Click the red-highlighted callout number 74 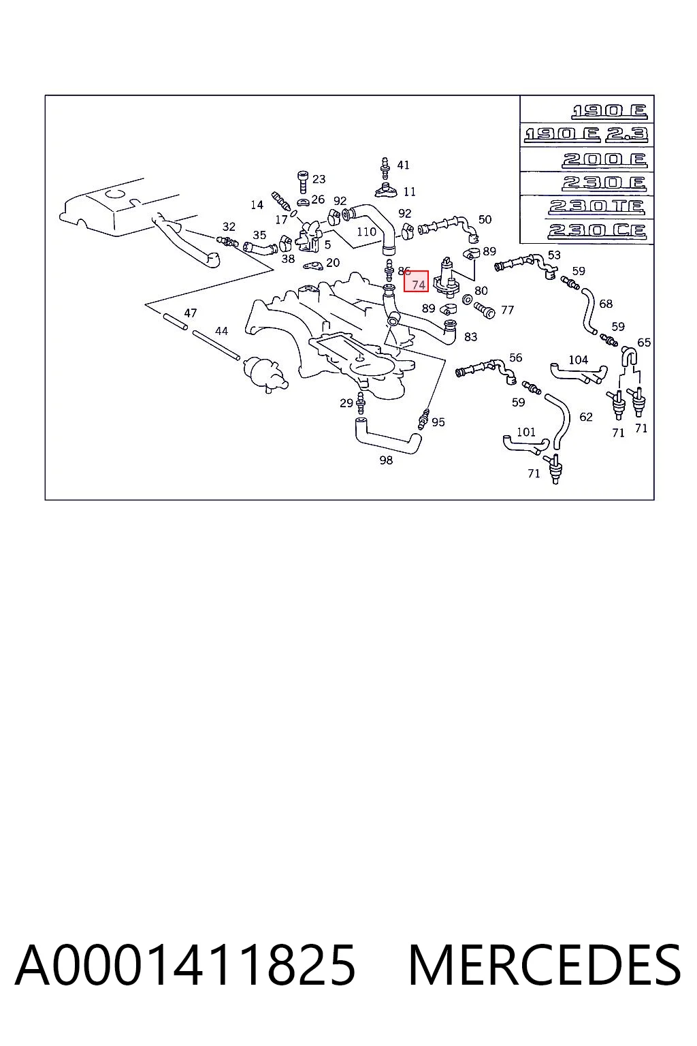pyautogui.click(x=419, y=285)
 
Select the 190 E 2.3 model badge pyautogui.click(x=586, y=134)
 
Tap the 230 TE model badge pyautogui.click(x=597, y=206)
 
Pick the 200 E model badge pyautogui.click(x=604, y=159)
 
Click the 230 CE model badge pyautogui.click(x=597, y=231)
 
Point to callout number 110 pyautogui.click(x=366, y=232)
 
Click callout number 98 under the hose pyautogui.click(x=386, y=460)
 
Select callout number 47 pyautogui.click(x=191, y=313)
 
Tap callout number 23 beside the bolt pyautogui.click(x=319, y=179)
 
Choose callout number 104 pyautogui.click(x=578, y=360)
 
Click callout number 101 pyautogui.click(x=526, y=432)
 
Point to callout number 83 pyautogui.click(x=470, y=336)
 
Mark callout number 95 pyautogui.click(x=438, y=422)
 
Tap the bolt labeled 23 pyautogui.click(x=302, y=182)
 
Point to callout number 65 pyautogui.click(x=644, y=343)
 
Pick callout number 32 pyautogui.click(x=229, y=227)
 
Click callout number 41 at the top pyautogui.click(x=403, y=165)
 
